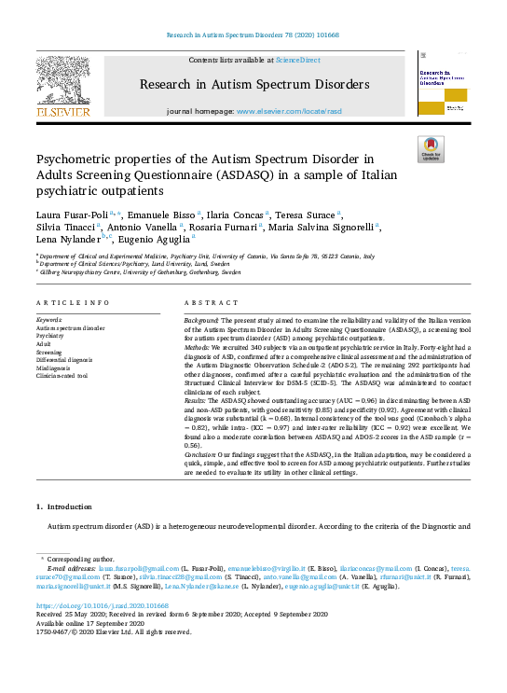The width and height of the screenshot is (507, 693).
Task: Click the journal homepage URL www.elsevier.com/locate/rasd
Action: click(x=289, y=111)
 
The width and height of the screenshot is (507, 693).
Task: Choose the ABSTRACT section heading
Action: click(x=209, y=303)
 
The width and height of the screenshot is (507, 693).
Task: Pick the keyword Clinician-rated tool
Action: click(x=62, y=376)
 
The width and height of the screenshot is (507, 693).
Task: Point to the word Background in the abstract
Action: click(x=206, y=319)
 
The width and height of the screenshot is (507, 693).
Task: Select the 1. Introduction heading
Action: click(x=64, y=506)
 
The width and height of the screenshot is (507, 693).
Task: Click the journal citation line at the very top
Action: click(x=253, y=35)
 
